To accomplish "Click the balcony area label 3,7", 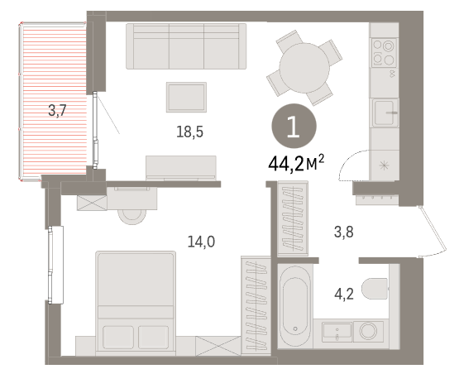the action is coord(57,111).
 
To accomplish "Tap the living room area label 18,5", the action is coord(189,132).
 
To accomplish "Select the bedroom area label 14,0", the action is coord(201,242).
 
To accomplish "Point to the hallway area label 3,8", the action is coord(344,232).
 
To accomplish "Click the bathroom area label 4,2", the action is coord(344,294).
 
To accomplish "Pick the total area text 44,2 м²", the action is coord(296,164).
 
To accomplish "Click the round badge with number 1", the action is coord(294,126).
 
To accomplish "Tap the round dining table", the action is coord(304,68).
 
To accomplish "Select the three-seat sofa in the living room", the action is coord(186,46).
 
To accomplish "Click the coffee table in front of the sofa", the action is coord(186,97).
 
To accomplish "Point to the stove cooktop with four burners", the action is coord(384,53).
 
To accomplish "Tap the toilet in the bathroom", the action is coord(375,289).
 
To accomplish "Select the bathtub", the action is coord(294,306).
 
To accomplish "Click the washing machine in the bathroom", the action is coord(368,331).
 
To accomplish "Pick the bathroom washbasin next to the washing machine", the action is coord(337,332).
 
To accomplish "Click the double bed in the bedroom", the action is coord(136,303).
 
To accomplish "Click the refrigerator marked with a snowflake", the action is coord(384,165).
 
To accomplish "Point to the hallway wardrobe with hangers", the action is coord(293,218).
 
